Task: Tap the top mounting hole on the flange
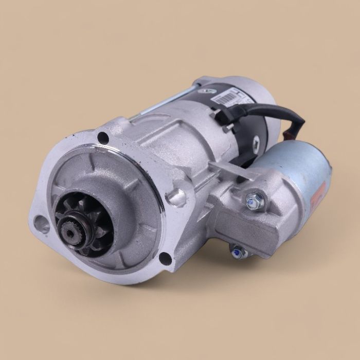[103, 137]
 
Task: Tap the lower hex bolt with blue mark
[237, 253]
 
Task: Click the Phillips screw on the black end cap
[256, 139]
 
